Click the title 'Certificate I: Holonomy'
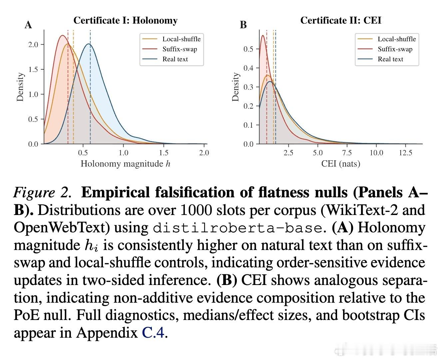[125, 21]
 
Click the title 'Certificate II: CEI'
[340, 21]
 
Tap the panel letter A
[28, 25]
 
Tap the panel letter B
[243, 25]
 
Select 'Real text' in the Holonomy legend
[175, 59]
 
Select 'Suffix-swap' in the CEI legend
[395, 49]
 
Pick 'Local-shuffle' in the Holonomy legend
[181, 39]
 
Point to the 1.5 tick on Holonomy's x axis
[164, 153]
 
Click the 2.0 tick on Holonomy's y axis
[33, 45]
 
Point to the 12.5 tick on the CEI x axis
[405, 153]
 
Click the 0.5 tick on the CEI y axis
[248, 49]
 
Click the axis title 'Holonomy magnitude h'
[125, 164]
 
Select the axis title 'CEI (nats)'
[340, 164]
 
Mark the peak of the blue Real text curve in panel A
[89, 44]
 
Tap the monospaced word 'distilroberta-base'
[237, 228]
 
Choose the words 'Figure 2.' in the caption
[42, 193]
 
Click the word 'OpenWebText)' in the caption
[61, 228]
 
